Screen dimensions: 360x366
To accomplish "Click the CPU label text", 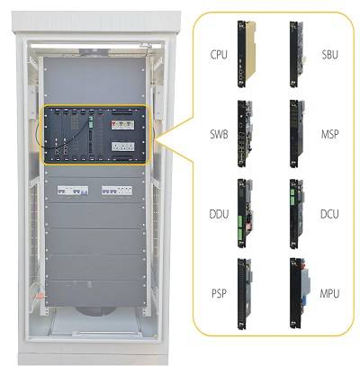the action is coord(219,55).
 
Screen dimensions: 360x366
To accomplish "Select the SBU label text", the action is coord(329,55).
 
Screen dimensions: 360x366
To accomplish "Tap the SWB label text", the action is coord(219,134).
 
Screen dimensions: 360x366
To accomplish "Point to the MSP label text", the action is coord(329,134).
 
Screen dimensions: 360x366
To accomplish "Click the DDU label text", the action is coord(219,214).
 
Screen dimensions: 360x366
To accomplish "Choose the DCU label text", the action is coord(329,214).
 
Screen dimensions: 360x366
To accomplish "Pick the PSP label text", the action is coord(219,293).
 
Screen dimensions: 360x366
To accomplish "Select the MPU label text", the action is coord(329,293).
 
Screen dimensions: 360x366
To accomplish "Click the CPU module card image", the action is coord(245,54).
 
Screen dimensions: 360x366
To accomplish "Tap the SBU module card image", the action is coord(297,54).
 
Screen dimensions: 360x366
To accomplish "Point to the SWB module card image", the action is coord(245,133).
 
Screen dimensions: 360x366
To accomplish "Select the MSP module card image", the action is coord(297,133).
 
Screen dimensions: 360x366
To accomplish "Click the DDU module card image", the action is coord(245,213).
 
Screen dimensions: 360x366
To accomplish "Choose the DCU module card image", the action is coord(297,213).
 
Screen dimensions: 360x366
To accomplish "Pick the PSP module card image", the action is coord(245,293).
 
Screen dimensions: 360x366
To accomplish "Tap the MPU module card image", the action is coord(300,293).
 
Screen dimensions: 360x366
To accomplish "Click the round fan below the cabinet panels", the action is coord(95,311).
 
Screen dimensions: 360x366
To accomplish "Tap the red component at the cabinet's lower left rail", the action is coord(40,297).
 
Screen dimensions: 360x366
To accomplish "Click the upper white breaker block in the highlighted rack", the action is coord(122,125).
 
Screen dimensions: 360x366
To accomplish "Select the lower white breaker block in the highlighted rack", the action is coord(122,147).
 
